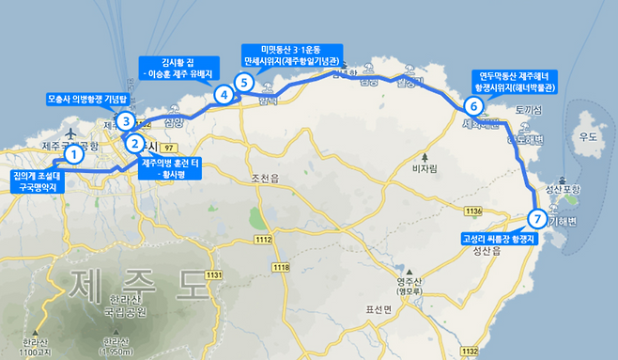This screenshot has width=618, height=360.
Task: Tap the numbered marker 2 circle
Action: [135, 144]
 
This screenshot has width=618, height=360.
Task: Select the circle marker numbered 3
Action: [125, 119]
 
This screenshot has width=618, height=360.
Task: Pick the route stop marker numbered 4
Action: [223, 94]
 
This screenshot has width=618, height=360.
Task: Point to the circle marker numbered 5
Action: [244, 83]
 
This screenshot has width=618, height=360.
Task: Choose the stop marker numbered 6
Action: [473, 106]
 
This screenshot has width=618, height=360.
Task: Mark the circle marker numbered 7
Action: [536, 219]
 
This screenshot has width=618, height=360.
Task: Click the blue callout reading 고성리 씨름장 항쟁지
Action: [499, 240]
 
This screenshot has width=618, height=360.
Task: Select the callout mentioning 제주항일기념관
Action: [292, 55]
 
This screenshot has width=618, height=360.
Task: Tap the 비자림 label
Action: [426, 171]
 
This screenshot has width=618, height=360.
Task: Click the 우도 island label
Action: [588, 137]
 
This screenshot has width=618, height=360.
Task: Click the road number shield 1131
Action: [214, 274]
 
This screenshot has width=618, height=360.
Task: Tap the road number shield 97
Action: [169, 148]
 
